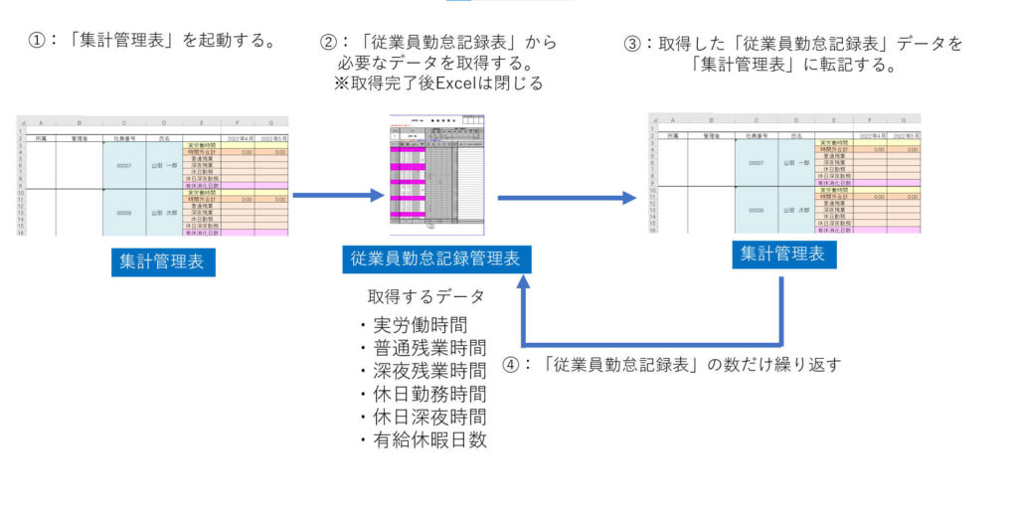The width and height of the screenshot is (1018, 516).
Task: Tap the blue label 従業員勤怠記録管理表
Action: [x=434, y=258]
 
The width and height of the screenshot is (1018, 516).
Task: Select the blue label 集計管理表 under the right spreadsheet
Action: [x=782, y=255]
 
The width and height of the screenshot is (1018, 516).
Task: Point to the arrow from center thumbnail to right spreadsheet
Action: [x=567, y=198]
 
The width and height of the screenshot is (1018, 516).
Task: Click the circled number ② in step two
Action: [x=328, y=43]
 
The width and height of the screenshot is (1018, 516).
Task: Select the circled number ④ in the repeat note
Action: [x=512, y=364]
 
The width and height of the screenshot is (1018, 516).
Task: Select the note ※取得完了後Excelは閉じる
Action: [x=438, y=84]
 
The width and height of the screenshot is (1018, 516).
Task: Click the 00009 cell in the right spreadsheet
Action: [x=757, y=210]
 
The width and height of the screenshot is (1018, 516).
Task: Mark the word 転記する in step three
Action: [x=862, y=66]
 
